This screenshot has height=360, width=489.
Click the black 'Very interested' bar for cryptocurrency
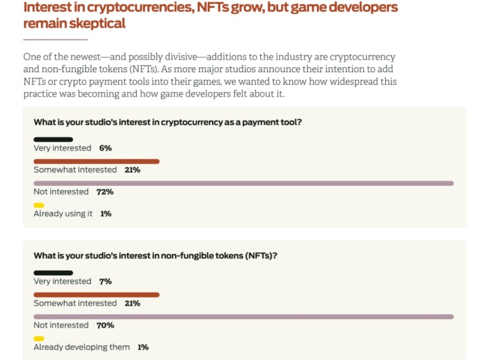coord(53,139)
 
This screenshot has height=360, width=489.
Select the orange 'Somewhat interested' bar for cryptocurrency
coord(96,161)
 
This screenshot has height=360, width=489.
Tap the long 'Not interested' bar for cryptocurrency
coord(243,183)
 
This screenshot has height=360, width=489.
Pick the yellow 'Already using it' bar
coord(39,205)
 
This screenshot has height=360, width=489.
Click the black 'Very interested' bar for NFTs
coord(53,273)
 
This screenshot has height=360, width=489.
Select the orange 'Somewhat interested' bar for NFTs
coord(96,295)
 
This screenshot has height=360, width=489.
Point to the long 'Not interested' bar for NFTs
coord(243,317)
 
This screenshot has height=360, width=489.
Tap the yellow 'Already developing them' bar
coord(39,339)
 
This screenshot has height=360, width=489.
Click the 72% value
coord(105,192)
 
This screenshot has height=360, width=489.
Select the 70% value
coord(105,325)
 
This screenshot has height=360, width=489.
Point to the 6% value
coord(105,148)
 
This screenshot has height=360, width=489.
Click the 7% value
coord(105,281)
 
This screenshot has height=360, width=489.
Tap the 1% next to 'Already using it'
coord(106,214)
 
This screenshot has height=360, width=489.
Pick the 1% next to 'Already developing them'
coord(143,347)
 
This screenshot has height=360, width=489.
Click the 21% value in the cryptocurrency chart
coord(132,170)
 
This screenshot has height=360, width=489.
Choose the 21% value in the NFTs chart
coord(132,303)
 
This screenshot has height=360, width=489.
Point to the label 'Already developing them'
coord(81,347)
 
